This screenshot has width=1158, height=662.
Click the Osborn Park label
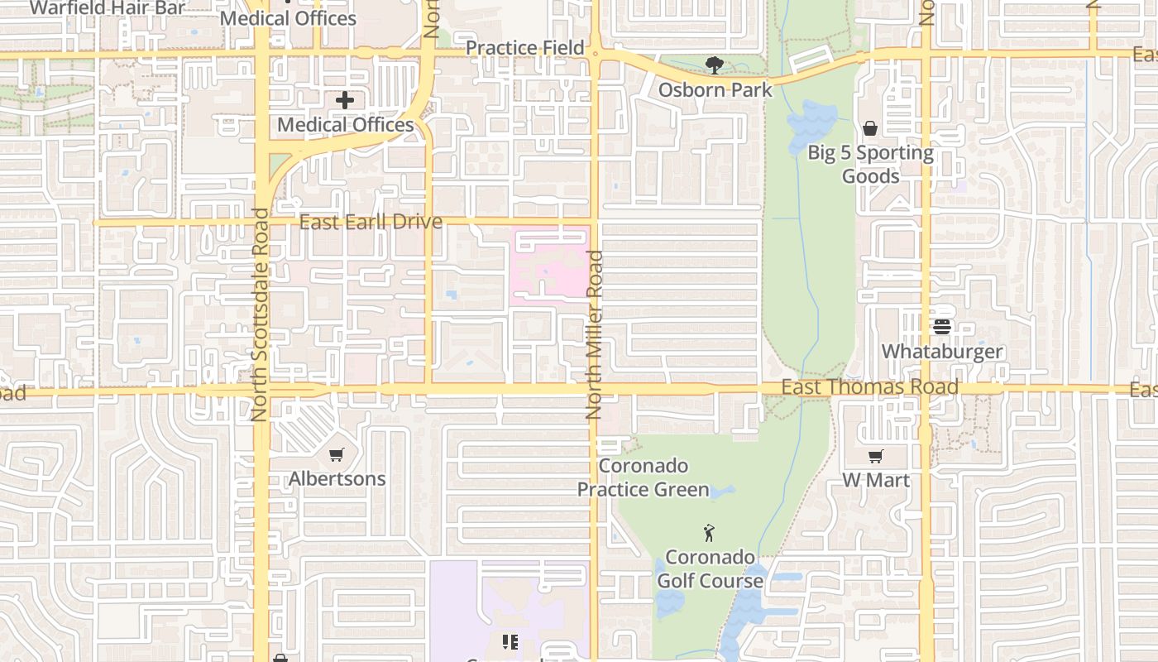pyautogui.click(x=715, y=89)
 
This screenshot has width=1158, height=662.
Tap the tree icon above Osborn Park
pyautogui.click(x=714, y=65)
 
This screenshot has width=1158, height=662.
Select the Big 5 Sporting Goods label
pyautogui.click(x=870, y=164)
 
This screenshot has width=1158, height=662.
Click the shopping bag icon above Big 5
pyautogui.click(x=870, y=128)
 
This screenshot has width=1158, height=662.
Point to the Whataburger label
pyautogui.click(x=941, y=351)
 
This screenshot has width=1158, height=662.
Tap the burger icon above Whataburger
pyautogui.click(x=941, y=326)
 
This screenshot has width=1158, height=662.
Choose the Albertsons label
pyautogui.click(x=337, y=478)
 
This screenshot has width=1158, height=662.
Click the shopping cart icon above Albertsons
pyautogui.click(x=336, y=454)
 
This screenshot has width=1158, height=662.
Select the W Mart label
pyautogui.click(x=876, y=480)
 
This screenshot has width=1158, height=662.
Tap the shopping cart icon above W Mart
pyautogui.click(x=876, y=456)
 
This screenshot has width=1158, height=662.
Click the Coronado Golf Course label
pyautogui.click(x=710, y=568)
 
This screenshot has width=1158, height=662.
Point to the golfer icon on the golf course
pyautogui.click(x=709, y=533)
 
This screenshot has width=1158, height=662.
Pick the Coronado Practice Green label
pyautogui.click(x=643, y=477)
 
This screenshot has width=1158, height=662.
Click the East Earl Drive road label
pyautogui.click(x=370, y=222)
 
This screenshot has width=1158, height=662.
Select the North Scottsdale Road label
pyautogui.click(x=260, y=314)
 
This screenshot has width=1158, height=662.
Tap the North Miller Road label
pyautogui.click(x=594, y=334)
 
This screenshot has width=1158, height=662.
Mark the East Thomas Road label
pyautogui.click(x=870, y=387)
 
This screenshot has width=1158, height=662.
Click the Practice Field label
pyautogui.click(x=524, y=48)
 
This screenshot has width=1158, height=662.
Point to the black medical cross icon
pyautogui.click(x=345, y=100)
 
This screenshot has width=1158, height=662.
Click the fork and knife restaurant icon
pyautogui.click(x=510, y=641)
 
